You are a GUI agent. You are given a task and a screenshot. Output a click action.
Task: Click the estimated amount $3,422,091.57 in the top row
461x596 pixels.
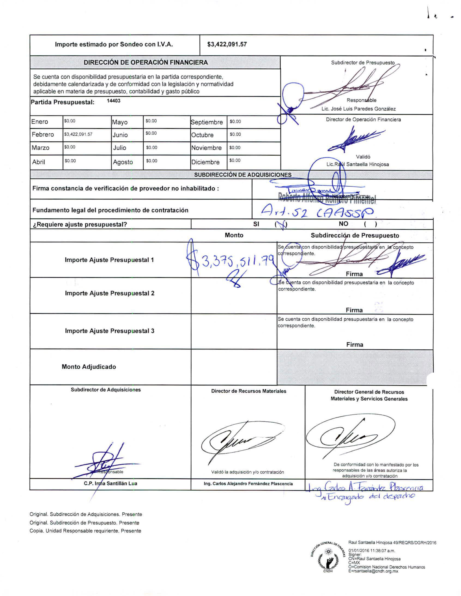pyautogui.click(x=227, y=45)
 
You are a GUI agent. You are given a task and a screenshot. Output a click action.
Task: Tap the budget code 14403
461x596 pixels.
pyautogui.click(x=113, y=101)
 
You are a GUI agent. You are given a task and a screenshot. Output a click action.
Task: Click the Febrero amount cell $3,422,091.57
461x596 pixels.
pyautogui.click(x=78, y=134)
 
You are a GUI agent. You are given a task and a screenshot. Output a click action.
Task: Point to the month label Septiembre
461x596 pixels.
pyautogui.click(x=207, y=122)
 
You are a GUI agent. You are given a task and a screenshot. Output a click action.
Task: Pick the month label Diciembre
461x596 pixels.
pyautogui.click(x=205, y=162)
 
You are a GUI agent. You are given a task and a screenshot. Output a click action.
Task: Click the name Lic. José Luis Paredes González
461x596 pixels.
pyautogui.click(x=359, y=109)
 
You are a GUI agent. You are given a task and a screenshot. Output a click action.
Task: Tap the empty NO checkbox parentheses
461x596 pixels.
pyautogui.click(x=370, y=224)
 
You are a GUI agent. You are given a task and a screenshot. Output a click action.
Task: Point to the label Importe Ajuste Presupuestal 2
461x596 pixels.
pyautogui.click(x=110, y=293)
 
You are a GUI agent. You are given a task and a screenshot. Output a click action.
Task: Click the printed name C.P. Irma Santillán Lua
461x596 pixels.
pyautogui.click(x=110, y=483)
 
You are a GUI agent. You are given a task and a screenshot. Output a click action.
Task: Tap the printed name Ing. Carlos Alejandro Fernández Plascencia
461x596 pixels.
pyautogui.click(x=248, y=483)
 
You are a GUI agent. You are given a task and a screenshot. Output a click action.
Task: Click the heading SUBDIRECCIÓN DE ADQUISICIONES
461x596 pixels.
pyautogui.click(x=243, y=175)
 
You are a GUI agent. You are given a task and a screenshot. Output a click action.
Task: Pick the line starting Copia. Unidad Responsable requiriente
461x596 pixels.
pyautogui.click(x=85, y=531)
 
